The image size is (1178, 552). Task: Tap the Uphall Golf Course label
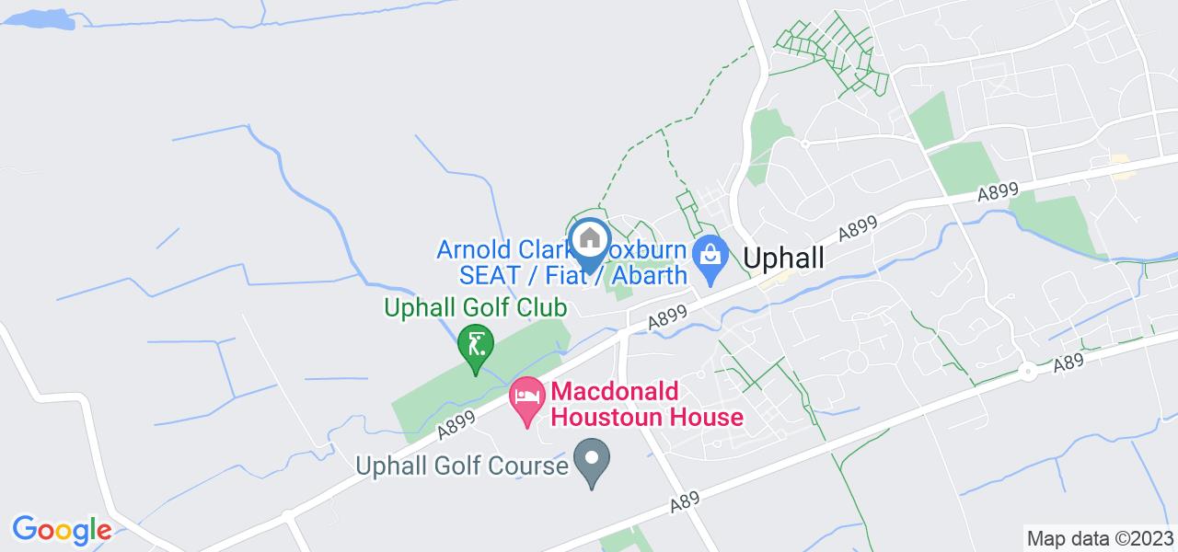pos(462,466)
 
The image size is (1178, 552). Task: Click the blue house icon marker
pos(589,241)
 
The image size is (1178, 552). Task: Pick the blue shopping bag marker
pos(710,253)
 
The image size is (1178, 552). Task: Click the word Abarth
pos(647,275)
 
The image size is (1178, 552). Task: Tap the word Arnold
pos(472,250)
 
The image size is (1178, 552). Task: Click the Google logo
pos(62,530)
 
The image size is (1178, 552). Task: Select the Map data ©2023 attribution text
pos(1101,538)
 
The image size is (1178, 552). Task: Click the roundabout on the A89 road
pos(1026,373)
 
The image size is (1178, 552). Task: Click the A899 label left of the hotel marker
pos(456,423)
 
